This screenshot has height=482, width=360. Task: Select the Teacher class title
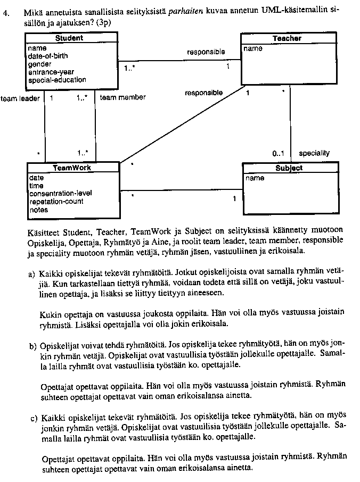point(287,38)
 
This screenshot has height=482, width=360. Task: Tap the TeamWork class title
point(72,167)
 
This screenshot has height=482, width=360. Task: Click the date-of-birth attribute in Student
point(48,56)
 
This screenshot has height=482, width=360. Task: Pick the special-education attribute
point(57,80)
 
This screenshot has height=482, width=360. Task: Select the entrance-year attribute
point(51,72)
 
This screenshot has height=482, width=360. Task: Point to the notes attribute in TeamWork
point(38,210)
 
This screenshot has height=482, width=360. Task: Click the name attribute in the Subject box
point(255,178)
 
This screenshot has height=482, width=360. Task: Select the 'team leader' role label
point(20,98)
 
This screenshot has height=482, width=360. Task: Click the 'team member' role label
point(122,97)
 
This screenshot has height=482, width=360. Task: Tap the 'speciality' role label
point(314,153)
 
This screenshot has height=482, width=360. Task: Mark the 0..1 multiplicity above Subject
point(278,153)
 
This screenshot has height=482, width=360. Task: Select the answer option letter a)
point(31,274)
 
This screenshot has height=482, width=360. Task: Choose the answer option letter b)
point(31,346)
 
